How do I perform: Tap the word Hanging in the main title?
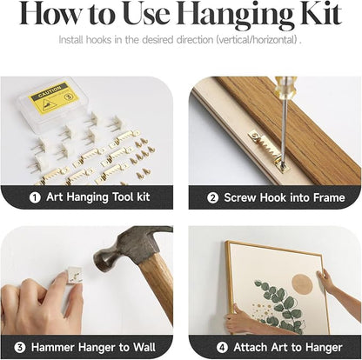pyautogui.click(x=235, y=16)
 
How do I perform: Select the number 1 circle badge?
pyautogui.click(x=35, y=197)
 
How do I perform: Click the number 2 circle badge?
pyautogui.click(x=212, y=198)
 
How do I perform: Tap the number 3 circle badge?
pyautogui.click(x=20, y=347)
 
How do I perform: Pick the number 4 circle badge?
pyautogui.click(x=222, y=347)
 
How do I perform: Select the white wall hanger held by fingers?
pyautogui.click(x=73, y=276)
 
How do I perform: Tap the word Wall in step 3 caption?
pyautogui.click(x=144, y=347)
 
